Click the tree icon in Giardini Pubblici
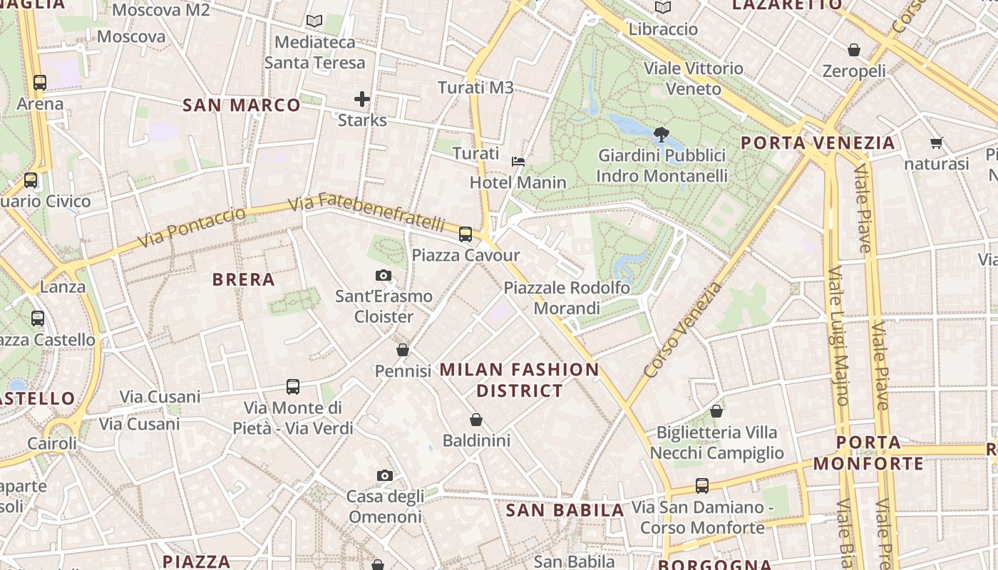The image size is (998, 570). (662, 133)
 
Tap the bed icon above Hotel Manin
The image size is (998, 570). (518, 162)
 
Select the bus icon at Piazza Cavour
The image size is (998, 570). (465, 234)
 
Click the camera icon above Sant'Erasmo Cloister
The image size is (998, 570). (384, 275)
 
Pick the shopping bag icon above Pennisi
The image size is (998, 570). (403, 350)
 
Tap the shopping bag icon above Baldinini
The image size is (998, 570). (476, 420)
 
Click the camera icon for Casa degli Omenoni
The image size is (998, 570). (385, 475)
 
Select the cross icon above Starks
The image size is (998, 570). (362, 98)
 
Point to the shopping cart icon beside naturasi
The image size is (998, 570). (937, 142)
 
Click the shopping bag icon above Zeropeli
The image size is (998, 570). (854, 50)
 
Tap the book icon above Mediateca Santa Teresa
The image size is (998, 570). (314, 21)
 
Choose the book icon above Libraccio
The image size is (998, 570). (663, 8)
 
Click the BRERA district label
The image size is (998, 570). (244, 279)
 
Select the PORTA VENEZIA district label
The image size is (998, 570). (818, 142)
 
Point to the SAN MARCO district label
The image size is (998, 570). (242, 105)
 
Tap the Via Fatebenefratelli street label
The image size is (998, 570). (367, 211)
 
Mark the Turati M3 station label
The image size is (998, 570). (475, 88)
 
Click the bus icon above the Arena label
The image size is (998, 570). (40, 82)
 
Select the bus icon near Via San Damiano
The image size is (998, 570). (702, 486)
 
